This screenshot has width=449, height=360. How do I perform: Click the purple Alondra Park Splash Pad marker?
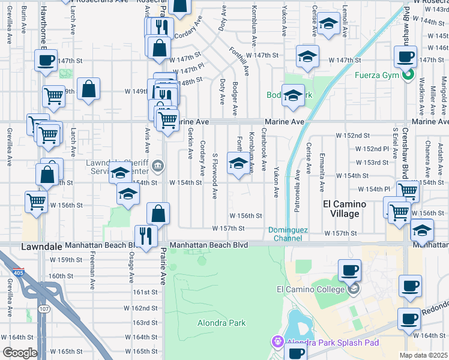pos(278,343)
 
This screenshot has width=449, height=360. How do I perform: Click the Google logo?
pos(20,353)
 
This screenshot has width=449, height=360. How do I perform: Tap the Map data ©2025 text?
pos(423,355)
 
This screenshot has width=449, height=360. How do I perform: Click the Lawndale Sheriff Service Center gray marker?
pos(157,166)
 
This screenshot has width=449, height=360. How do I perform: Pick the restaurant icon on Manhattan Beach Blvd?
pos(146,233)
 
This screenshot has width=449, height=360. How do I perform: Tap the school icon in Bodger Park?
pos(294,95)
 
